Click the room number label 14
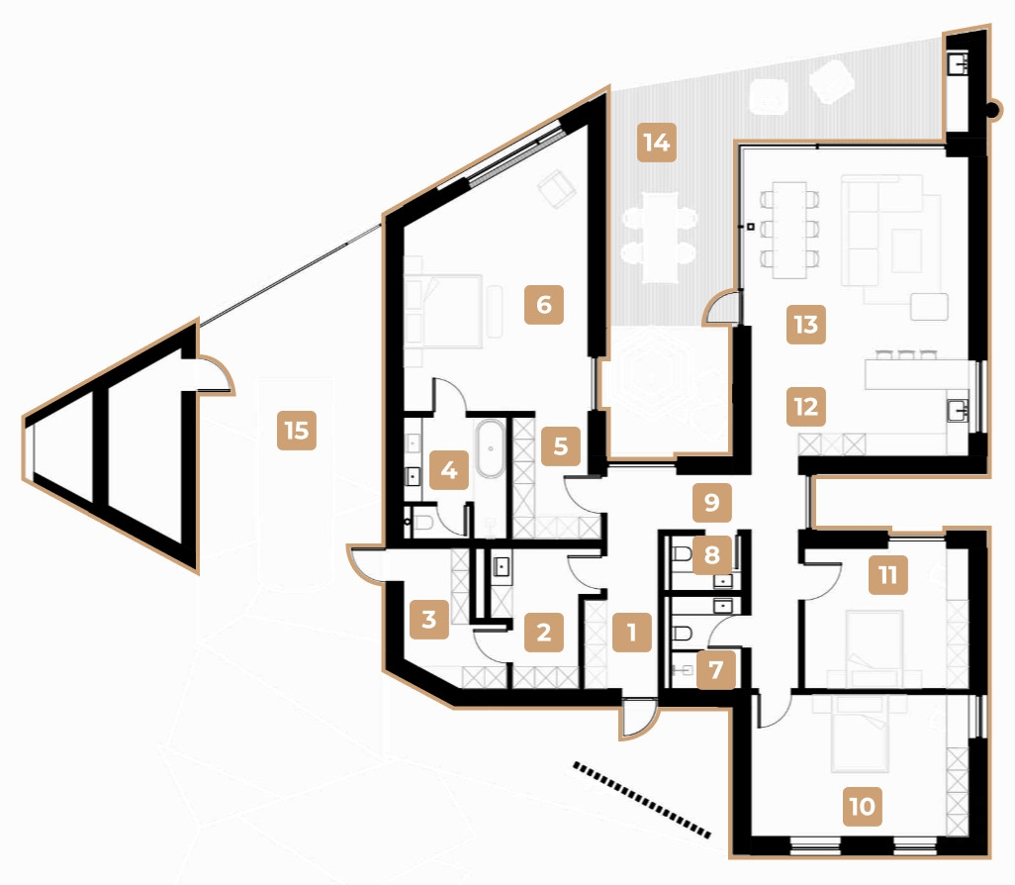(x=656, y=143)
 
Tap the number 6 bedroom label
(x=543, y=304)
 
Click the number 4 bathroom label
(x=450, y=469)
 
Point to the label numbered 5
(x=561, y=446)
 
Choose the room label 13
(x=806, y=324)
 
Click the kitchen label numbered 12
(x=806, y=405)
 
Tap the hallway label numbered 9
(x=711, y=502)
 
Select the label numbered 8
(x=711, y=555)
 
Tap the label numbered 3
(x=428, y=621)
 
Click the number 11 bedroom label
(x=887, y=575)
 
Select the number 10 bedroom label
(x=862, y=806)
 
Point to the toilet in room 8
(x=682, y=557)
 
